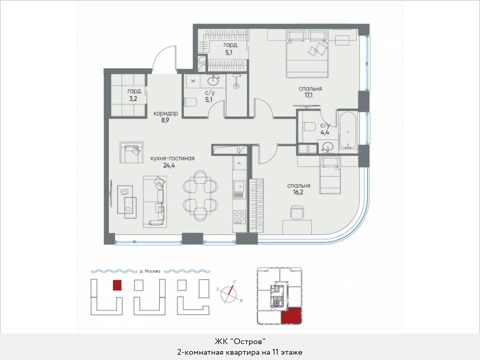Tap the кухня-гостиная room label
tap(173, 158)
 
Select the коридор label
tap(165, 113)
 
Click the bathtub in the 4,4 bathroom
tap(348, 131)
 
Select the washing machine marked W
tap(193, 81)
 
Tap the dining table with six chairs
tap(200, 195)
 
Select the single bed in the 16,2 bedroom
tap(330, 175)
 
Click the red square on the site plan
tap(117, 285)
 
